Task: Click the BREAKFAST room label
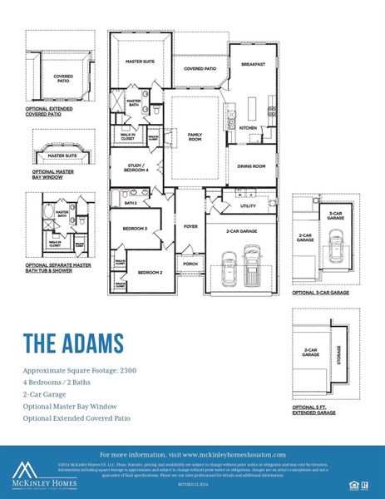254,64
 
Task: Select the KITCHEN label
249,128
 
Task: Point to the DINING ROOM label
252,166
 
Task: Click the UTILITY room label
248,205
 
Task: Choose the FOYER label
190,226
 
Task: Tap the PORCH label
190,264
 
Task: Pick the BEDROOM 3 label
135,229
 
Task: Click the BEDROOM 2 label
150,272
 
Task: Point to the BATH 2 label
131,203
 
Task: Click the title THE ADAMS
73,343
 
